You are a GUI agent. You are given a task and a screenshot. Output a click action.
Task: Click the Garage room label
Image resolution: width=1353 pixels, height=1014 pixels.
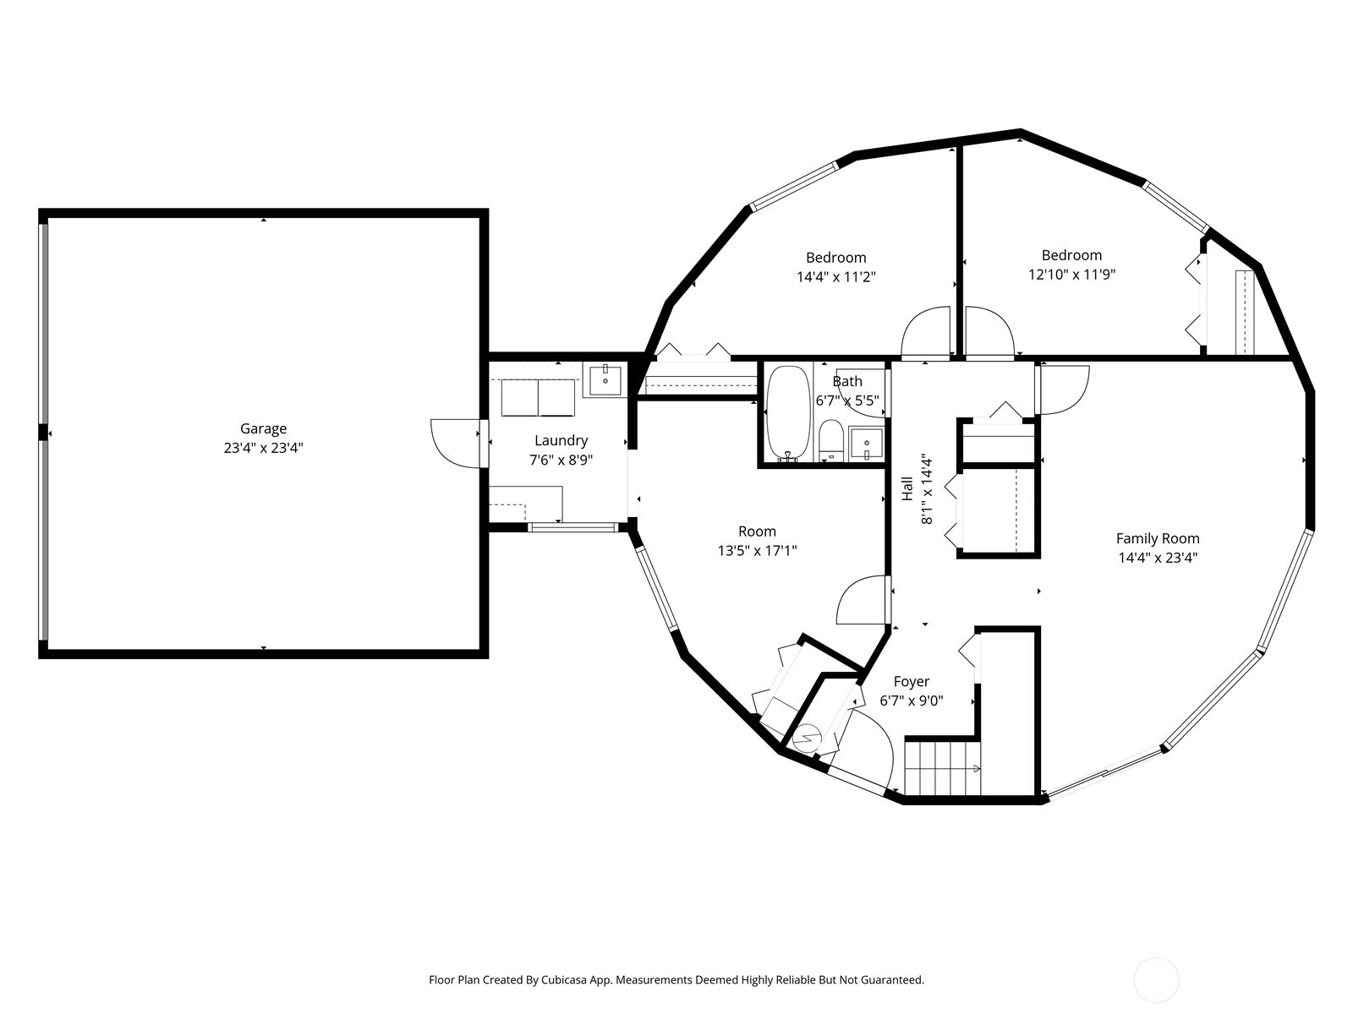tap(263, 428)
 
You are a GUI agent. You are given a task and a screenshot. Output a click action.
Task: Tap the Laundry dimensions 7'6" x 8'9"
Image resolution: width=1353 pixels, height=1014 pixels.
tap(561, 460)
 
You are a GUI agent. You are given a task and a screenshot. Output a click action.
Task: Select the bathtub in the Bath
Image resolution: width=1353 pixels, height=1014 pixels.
tap(788, 414)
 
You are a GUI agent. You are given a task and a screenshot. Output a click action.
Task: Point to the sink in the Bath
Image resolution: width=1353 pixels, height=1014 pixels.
tap(866, 444)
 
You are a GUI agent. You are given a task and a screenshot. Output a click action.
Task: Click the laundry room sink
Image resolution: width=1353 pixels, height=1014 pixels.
tap(605, 380)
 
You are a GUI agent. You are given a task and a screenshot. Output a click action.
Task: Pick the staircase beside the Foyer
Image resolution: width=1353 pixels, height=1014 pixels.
tap(942, 768)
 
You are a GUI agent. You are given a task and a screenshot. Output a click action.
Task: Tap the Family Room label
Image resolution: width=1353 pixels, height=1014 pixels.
tap(1158, 539)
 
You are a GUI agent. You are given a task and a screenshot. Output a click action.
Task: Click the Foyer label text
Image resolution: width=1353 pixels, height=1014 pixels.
tap(911, 682)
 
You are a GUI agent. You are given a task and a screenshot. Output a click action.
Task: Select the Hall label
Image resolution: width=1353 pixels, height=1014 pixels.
tap(907, 489)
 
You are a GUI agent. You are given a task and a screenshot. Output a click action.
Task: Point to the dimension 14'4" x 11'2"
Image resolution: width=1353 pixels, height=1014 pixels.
tap(835, 277)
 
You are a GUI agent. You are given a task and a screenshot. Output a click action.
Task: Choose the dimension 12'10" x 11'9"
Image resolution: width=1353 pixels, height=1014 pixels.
tap(1072, 275)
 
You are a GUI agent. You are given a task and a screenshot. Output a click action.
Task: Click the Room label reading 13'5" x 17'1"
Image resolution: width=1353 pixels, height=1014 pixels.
tap(757, 550)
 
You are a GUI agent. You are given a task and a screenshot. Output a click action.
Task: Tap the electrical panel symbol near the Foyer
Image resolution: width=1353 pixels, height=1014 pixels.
tap(806, 739)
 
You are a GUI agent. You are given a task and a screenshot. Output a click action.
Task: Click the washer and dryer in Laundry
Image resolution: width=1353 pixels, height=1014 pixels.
tap(538, 398)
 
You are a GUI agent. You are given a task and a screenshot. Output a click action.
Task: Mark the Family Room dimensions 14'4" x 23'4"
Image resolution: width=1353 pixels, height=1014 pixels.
tap(1158, 558)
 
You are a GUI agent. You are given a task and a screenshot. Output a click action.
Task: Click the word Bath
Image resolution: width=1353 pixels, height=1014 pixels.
tap(847, 382)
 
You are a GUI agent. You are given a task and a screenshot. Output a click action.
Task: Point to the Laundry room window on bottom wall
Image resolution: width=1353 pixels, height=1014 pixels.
tap(572, 527)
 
